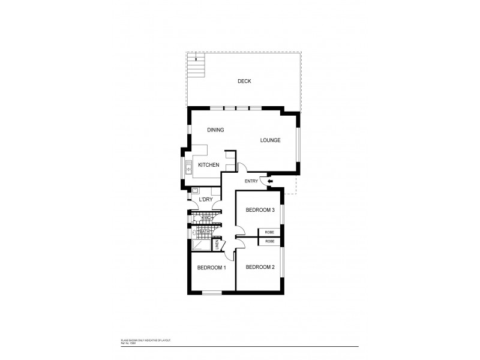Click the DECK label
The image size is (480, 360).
click(x=244, y=81)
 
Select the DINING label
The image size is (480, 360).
click(x=215, y=130)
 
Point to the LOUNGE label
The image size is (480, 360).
click(x=270, y=140)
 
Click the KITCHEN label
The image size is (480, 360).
click(x=208, y=165)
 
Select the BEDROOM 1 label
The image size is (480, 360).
click(x=211, y=267)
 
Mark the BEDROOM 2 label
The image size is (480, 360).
click(x=260, y=267)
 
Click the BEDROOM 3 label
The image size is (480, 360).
click(x=260, y=210)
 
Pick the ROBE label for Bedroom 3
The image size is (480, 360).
click(x=270, y=232)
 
